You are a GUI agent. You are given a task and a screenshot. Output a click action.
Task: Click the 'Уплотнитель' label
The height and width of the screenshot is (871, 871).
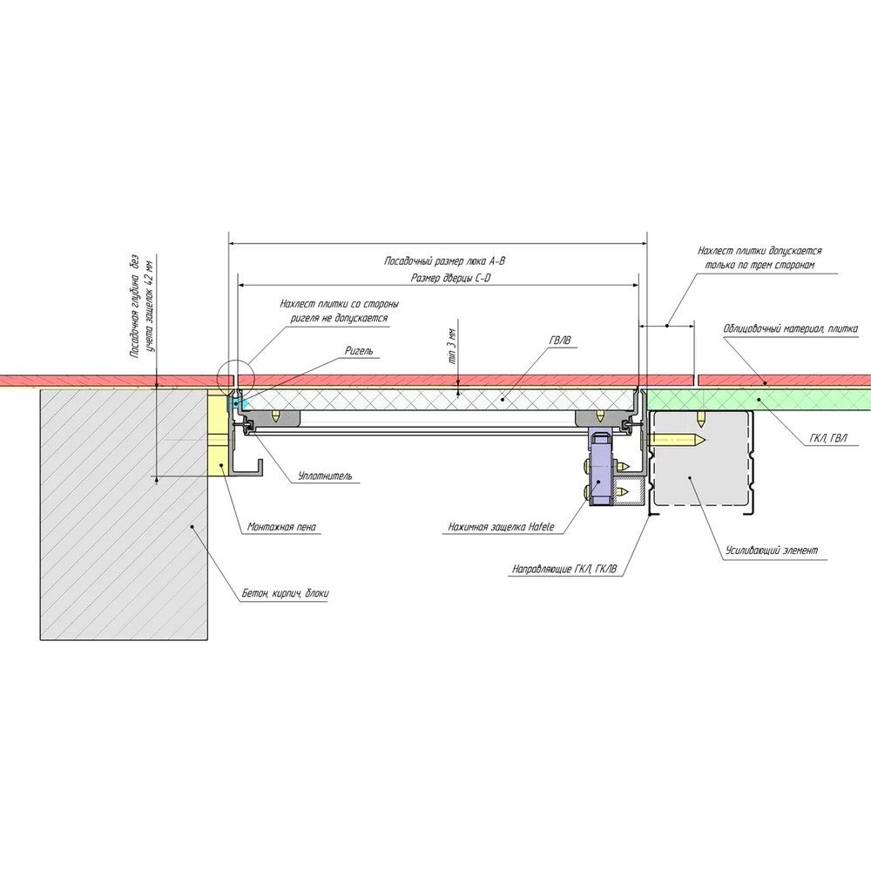[325, 476]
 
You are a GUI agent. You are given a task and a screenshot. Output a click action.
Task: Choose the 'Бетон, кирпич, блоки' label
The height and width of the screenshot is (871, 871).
[286, 594]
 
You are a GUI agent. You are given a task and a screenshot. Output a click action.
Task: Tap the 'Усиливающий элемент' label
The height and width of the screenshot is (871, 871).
[770, 551]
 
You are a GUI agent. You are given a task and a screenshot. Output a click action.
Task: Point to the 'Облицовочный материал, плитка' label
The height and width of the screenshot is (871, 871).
[791, 328]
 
